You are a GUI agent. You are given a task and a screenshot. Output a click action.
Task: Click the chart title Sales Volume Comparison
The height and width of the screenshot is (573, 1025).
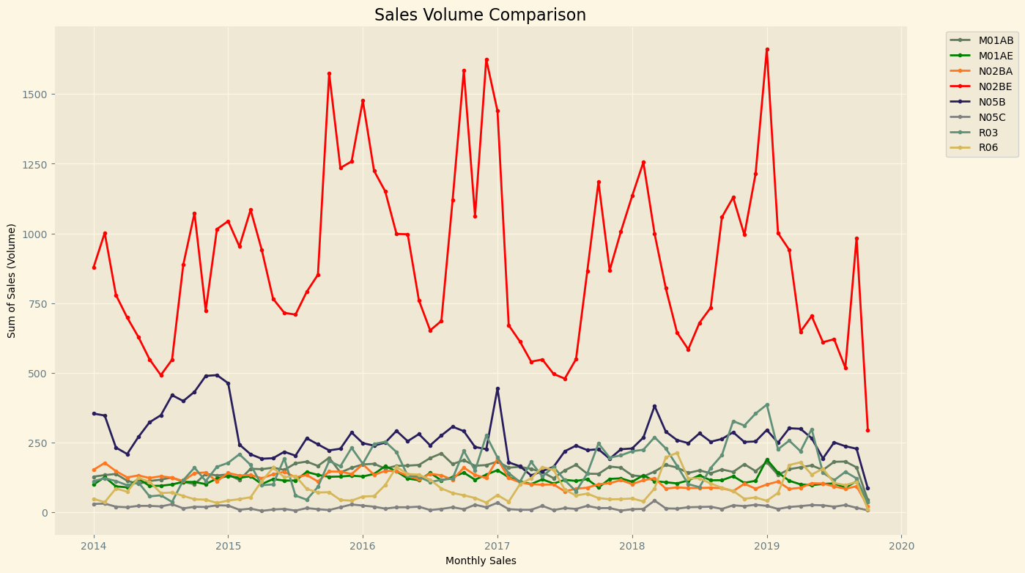point(480,15)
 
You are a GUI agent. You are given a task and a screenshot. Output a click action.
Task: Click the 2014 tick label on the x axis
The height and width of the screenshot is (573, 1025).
point(93,546)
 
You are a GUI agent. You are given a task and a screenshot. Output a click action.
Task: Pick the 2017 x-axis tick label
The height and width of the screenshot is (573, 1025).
point(497,546)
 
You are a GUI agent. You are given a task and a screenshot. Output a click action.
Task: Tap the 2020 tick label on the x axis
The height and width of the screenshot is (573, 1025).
point(902,546)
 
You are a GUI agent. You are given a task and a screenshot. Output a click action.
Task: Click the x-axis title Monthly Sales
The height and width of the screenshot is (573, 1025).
point(481,561)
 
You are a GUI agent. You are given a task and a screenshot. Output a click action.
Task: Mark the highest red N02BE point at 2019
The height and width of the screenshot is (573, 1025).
point(767,50)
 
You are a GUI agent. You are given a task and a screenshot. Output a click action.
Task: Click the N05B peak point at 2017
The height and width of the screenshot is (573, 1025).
point(497,389)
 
